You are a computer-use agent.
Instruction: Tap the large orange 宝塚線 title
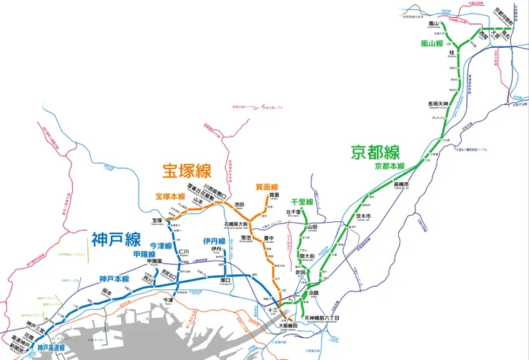click(186, 171)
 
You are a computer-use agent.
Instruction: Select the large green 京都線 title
click(375, 152)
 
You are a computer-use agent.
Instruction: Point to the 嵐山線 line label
click(434, 44)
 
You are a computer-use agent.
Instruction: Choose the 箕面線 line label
click(264, 187)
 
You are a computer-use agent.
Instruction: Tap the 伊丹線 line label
click(213, 241)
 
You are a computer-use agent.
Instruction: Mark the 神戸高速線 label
click(49, 347)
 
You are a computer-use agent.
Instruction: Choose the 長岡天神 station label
click(437, 104)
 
